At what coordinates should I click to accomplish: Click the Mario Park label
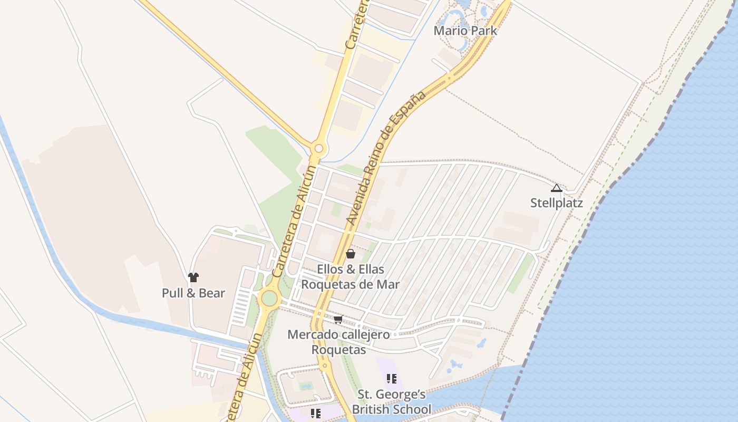coord(465,31)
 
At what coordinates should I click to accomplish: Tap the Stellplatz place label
coord(556,203)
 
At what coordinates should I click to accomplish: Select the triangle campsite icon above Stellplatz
coord(556,188)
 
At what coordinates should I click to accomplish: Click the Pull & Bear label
coord(193,293)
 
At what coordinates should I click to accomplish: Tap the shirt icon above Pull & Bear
coord(193,277)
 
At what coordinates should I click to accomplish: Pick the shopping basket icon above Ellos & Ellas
coord(351,254)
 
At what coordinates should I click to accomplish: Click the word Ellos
coord(330,270)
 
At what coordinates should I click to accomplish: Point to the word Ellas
coord(372,270)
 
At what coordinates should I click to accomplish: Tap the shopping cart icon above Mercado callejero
coord(338,320)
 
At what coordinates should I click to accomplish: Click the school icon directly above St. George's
coord(391,378)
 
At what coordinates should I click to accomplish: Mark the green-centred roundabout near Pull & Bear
coord(269,298)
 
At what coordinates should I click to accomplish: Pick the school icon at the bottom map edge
coord(316,414)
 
